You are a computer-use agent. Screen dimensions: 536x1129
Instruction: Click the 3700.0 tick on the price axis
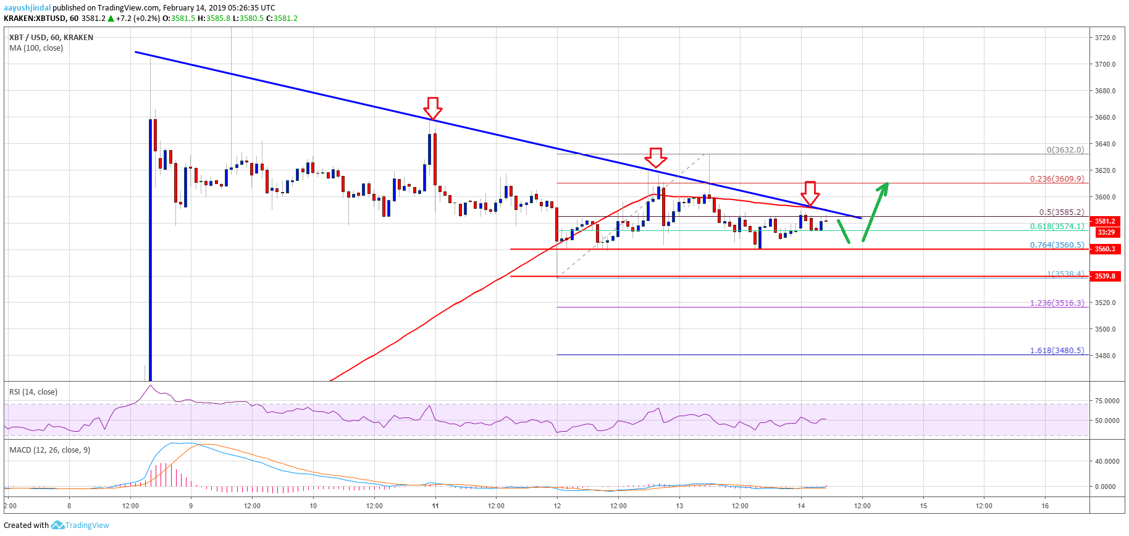click(1105, 64)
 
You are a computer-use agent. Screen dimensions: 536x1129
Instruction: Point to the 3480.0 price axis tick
click(1105, 356)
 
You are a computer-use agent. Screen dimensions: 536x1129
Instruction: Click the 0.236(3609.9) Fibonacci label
click(1056, 179)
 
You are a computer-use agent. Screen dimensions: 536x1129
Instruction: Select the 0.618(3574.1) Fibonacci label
click(1056, 227)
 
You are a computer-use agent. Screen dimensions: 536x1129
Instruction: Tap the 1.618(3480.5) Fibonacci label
click(1056, 351)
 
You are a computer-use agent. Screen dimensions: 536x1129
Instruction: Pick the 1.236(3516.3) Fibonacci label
click(1056, 303)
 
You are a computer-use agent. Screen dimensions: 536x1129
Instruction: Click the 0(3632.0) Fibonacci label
click(1065, 150)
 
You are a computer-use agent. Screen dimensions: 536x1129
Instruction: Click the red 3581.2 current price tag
click(1106, 221)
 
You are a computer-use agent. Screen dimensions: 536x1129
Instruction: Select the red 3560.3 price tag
click(1106, 249)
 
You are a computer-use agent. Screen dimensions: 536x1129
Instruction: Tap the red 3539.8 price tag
click(1106, 276)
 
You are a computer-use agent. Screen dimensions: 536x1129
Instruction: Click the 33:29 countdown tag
click(1106, 232)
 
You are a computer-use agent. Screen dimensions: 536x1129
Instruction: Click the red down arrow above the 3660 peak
click(433, 108)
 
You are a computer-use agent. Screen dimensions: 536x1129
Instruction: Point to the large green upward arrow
click(875, 211)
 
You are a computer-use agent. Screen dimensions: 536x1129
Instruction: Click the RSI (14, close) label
click(33, 392)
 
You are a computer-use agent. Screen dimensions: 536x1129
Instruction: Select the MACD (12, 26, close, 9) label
click(49, 450)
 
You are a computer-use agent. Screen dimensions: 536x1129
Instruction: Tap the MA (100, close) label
click(36, 48)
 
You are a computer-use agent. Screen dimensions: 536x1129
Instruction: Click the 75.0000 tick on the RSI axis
click(1107, 401)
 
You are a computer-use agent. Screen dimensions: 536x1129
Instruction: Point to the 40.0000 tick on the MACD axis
click(1107, 461)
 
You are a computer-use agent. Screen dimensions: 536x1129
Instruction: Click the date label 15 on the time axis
click(923, 506)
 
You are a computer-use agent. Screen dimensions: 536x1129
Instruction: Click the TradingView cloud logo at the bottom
click(57, 526)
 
